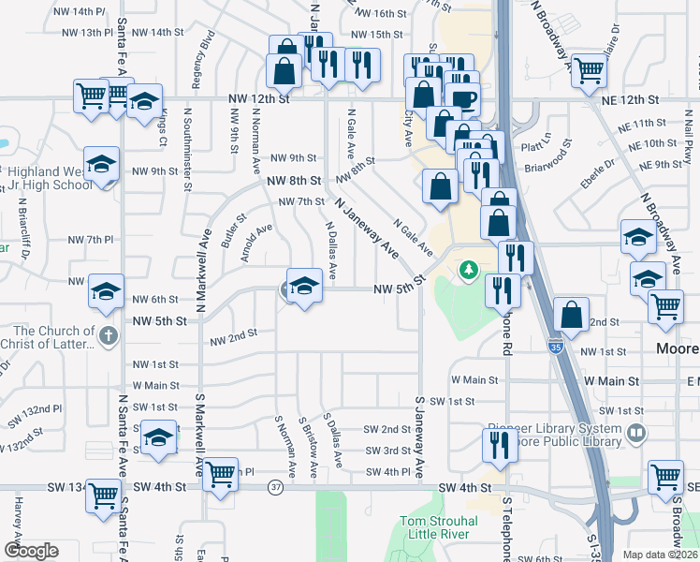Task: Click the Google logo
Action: click(30, 551)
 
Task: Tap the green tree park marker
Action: click(468, 271)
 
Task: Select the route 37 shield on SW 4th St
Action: click(274, 487)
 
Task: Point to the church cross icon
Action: click(109, 334)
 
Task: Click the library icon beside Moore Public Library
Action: click(637, 433)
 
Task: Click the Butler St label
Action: click(234, 229)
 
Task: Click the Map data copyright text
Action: click(659, 555)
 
